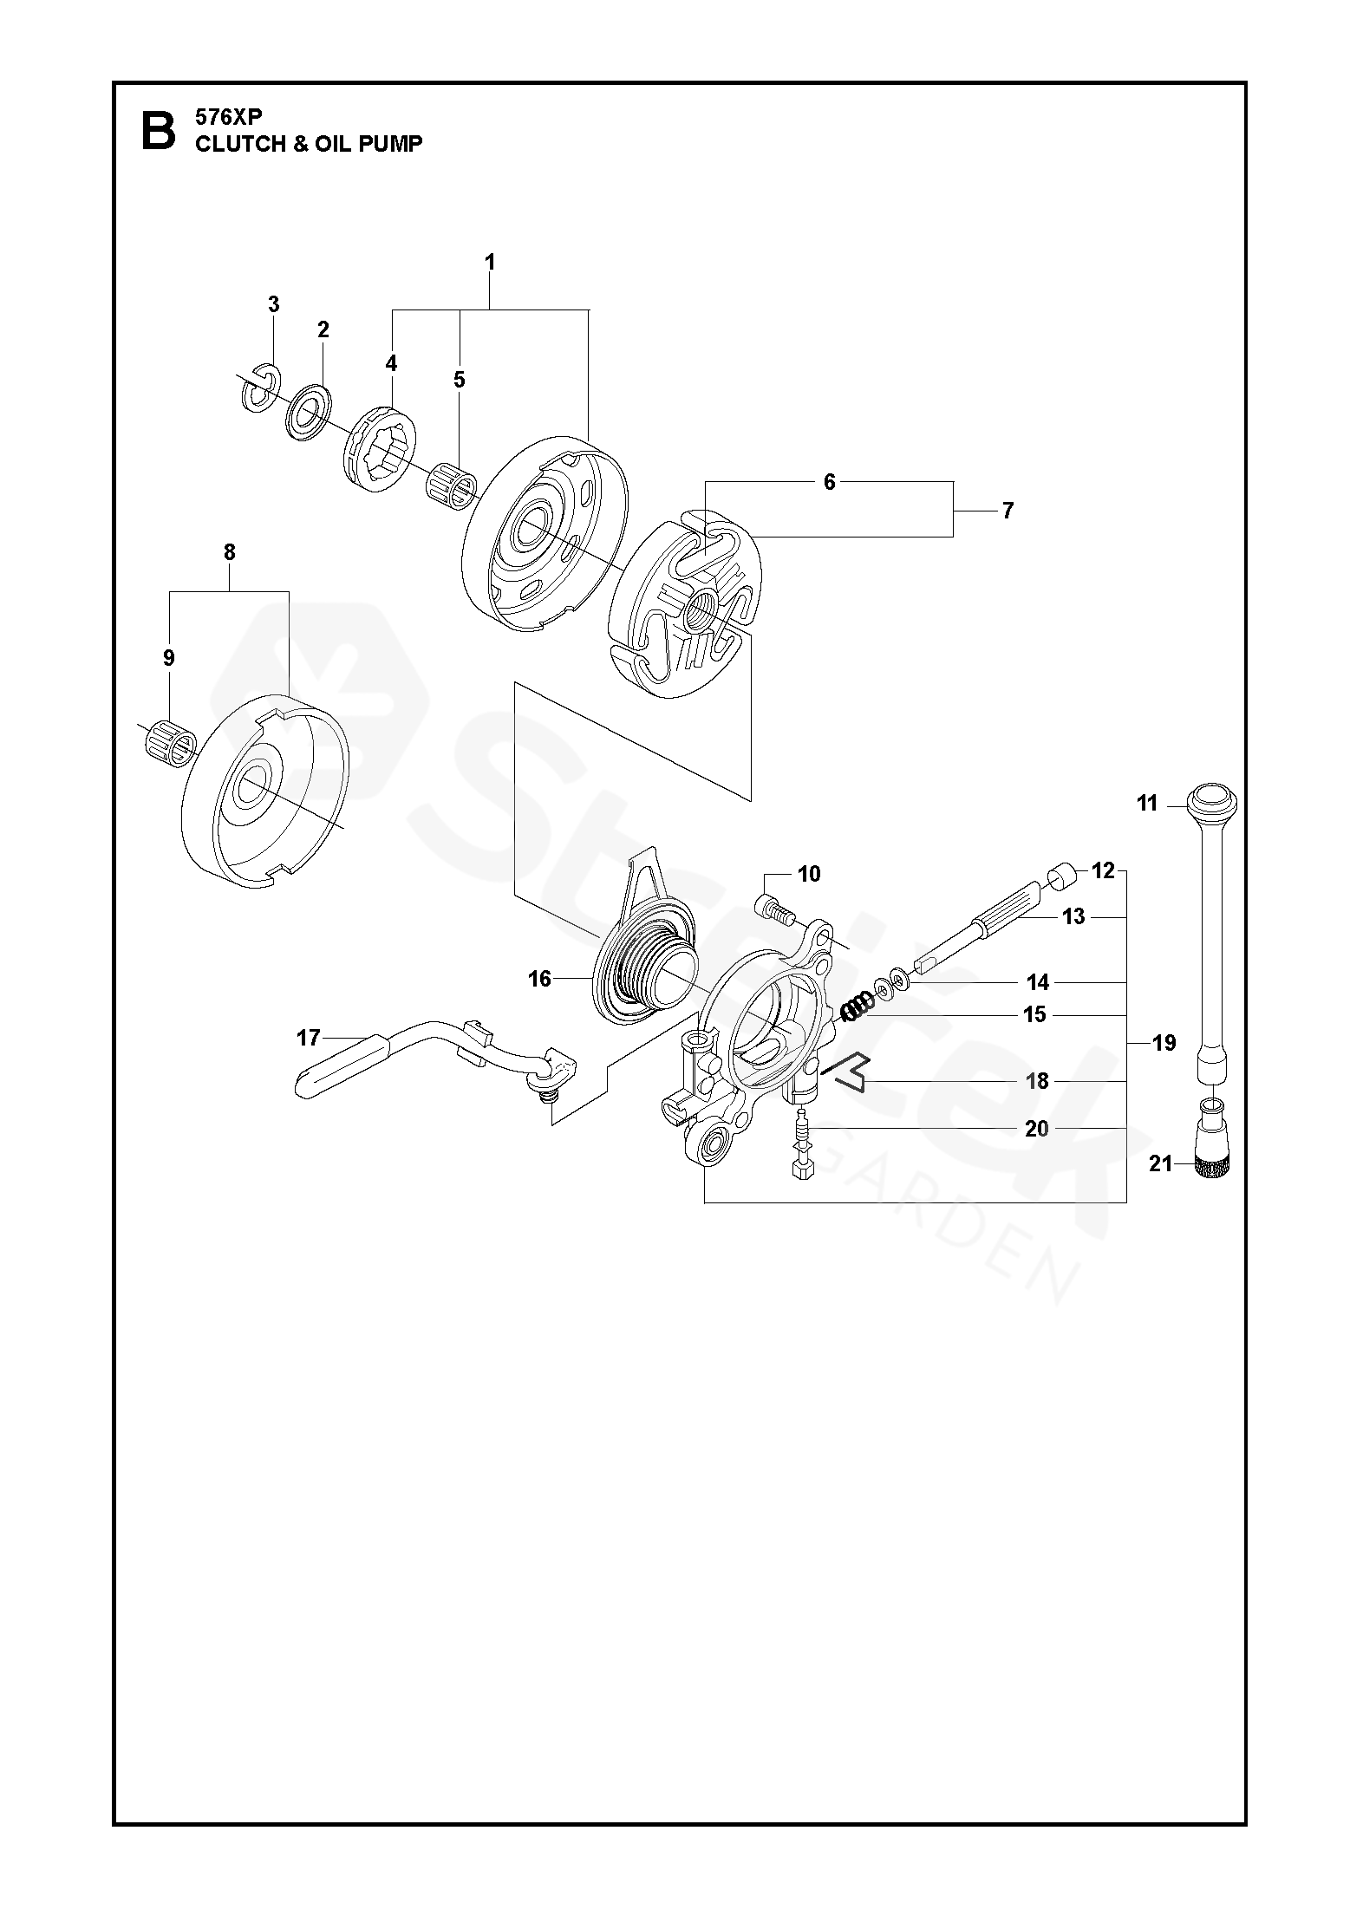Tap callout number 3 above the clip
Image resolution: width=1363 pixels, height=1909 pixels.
(274, 304)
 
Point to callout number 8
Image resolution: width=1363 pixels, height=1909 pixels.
(229, 552)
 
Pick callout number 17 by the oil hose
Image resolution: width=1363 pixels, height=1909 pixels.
(309, 1037)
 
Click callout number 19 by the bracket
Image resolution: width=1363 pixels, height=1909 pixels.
(1164, 1043)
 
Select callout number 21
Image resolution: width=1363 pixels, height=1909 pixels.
(1160, 1164)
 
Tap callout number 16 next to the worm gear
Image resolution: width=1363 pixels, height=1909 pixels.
(539, 979)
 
